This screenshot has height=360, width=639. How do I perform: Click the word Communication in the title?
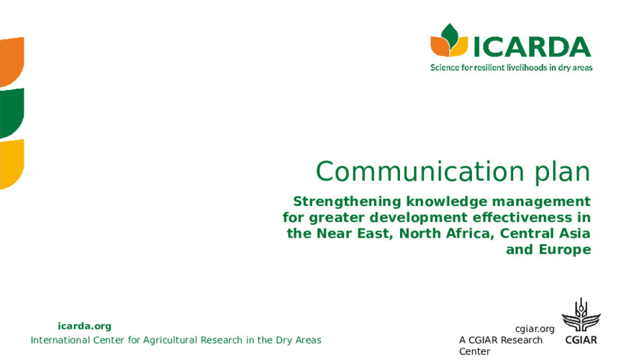coord(420,171)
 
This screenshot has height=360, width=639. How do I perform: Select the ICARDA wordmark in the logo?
coord(532,47)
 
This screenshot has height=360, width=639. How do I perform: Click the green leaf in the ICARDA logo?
coord(450,35)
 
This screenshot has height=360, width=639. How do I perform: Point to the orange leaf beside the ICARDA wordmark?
coord(438,45)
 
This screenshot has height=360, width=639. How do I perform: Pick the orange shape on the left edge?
coord(12,62)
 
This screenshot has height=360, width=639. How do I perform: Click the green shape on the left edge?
coord(12,113)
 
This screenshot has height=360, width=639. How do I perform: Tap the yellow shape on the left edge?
coord(12,164)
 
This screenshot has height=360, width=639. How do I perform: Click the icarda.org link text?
coord(84,326)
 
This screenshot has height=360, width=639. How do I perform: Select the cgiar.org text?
coord(535,329)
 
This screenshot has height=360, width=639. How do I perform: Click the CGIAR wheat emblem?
coord(581,315)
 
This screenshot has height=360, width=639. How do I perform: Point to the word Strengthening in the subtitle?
coord(348,202)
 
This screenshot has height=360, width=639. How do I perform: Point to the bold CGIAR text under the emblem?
coord(581,340)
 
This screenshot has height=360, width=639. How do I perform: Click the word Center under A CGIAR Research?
coord(475,351)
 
